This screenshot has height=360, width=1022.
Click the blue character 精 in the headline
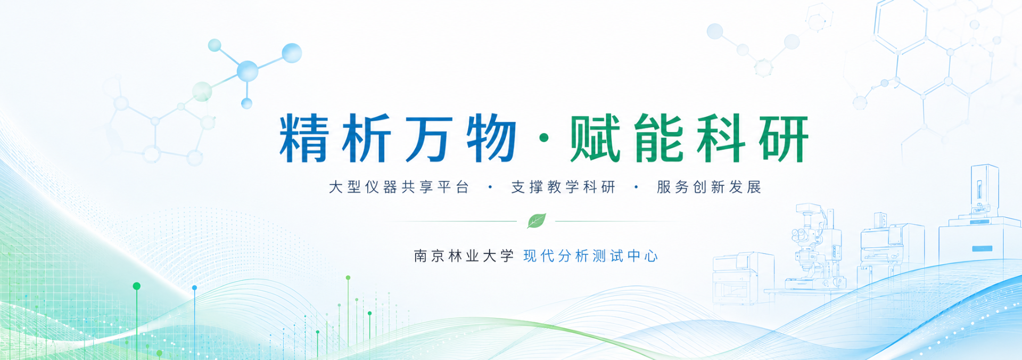(x=304, y=138)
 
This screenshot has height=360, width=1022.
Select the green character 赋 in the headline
(x=595, y=138)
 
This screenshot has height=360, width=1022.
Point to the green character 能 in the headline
(x=658, y=138)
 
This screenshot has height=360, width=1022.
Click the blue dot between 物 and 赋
(x=543, y=138)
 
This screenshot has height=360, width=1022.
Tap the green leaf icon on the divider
(x=537, y=220)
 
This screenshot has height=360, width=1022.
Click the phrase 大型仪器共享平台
(x=399, y=187)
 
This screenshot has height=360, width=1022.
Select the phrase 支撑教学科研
(x=563, y=187)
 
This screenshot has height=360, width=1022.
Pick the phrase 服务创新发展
(x=709, y=187)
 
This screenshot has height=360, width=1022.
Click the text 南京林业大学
(x=464, y=256)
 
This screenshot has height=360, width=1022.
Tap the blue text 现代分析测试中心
(x=591, y=256)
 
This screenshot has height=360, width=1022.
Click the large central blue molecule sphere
(x=248, y=71)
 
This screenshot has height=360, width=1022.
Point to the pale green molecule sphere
(x=202, y=92)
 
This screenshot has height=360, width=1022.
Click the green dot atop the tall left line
(x=137, y=286)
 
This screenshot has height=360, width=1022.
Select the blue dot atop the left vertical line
(x=195, y=288)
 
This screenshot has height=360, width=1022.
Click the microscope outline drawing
(x=813, y=248)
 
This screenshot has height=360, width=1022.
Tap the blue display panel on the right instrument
(x=982, y=249)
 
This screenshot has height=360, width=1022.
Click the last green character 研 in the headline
(x=784, y=138)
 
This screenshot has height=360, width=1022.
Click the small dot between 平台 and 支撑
(x=490, y=187)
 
